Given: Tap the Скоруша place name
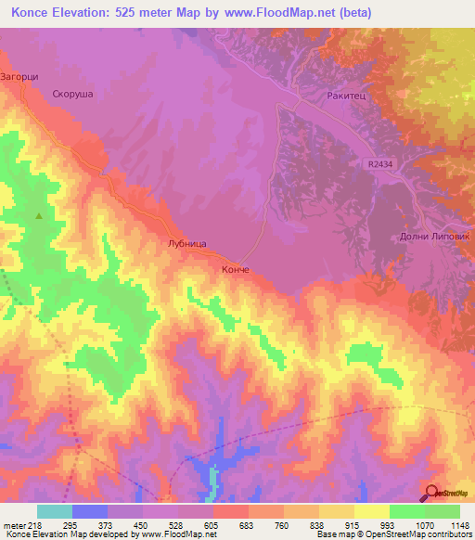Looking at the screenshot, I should point(74,94).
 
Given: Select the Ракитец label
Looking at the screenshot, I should point(345,95).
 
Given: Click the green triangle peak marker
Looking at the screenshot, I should point(39,216).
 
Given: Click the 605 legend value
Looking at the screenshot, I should point(212,524).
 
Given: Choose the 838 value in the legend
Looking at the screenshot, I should point(318,524).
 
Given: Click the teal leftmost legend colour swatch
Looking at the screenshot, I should point(55,511).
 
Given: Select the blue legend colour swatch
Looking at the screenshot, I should point(90,511).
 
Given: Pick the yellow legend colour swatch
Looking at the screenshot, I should point(371,511).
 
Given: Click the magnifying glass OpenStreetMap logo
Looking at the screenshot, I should point(431,492).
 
